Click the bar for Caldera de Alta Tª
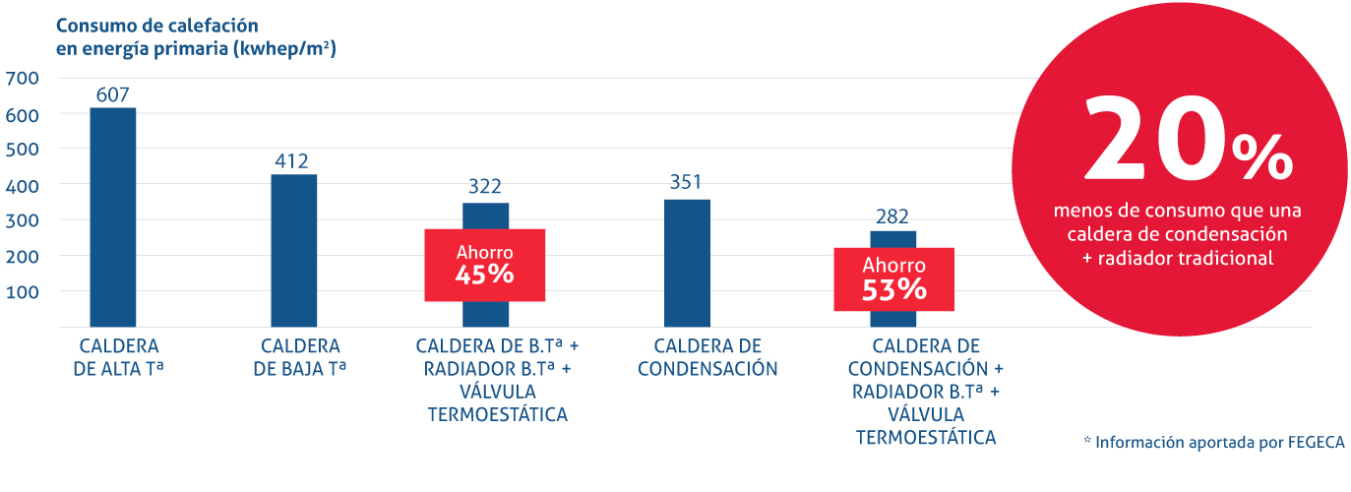coord(112,216)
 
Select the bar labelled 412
coord(293,250)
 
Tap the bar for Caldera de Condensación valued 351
coord(687,263)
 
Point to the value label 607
coord(112,95)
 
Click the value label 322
coord(485,186)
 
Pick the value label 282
coord(893,216)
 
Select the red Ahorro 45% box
coord(484,265)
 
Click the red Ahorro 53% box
coord(893,278)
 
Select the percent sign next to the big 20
coord(1261,157)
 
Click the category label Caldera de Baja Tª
coord(300,357)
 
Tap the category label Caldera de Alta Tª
coord(118,357)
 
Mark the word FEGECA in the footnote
coord(1315,442)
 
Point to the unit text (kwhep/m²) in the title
coord(284,48)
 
